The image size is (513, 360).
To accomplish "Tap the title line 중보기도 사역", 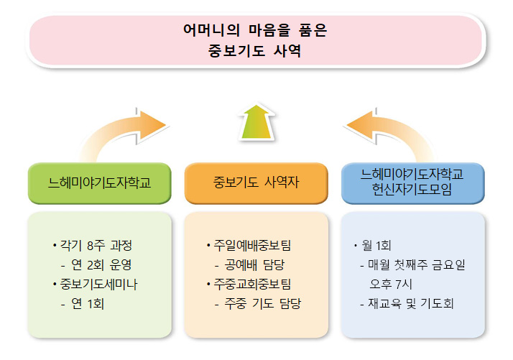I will coord(256,52).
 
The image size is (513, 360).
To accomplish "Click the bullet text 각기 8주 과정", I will coord(96,244).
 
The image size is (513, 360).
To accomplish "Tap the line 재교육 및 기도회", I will coord(410,304).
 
